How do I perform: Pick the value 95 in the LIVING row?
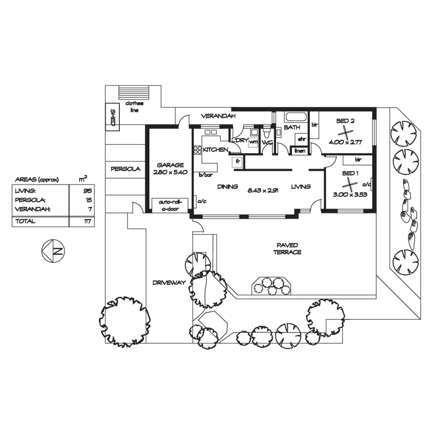(x=87, y=191)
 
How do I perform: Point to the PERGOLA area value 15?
(x=89, y=200)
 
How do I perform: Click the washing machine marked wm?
(x=253, y=142)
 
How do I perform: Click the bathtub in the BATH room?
(x=296, y=117)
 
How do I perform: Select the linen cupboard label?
(x=300, y=151)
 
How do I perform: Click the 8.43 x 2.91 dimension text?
(x=264, y=191)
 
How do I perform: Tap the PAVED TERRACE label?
(x=287, y=249)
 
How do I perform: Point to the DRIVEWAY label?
(x=169, y=283)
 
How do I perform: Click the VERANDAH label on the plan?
(x=218, y=116)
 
